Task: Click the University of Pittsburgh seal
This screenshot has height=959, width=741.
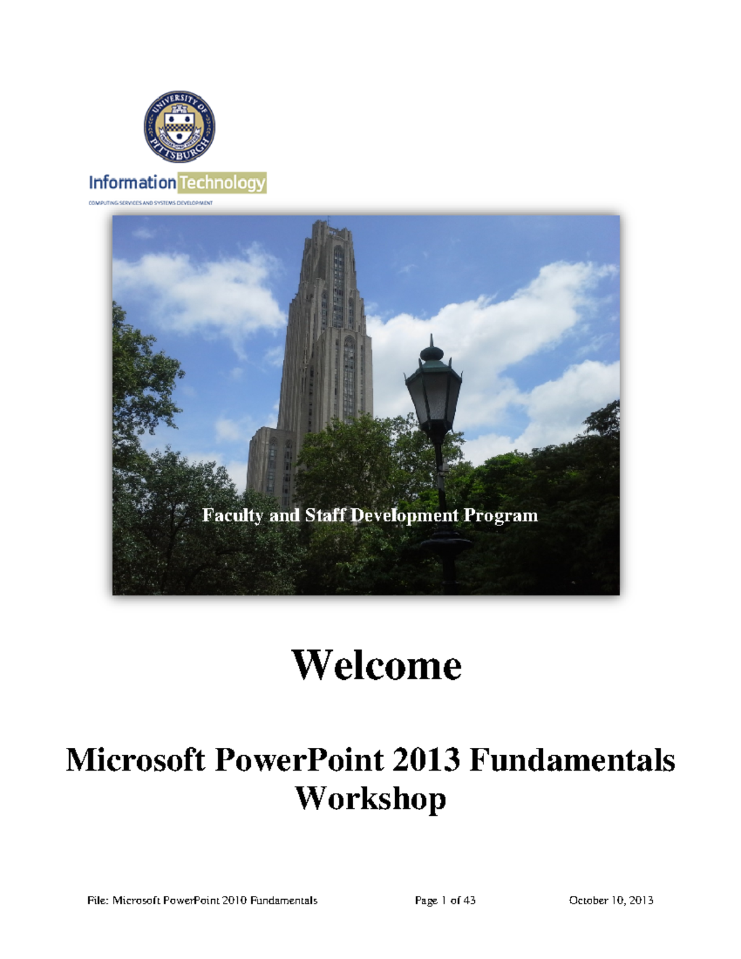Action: coord(179,128)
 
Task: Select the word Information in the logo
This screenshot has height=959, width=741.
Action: coord(132,183)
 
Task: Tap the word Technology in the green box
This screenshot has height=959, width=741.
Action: coord(222,183)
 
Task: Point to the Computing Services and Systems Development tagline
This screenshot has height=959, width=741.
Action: coord(151,203)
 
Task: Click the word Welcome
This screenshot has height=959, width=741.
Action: coord(376,665)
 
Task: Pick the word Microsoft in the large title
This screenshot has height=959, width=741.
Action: coord(135,760)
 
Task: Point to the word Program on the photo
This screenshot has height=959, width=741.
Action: coord(501,516)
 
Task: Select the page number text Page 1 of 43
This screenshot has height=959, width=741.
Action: coord(445,900)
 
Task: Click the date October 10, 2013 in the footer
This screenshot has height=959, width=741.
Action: coord(611,900)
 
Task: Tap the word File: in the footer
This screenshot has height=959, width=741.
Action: coord(98,900)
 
